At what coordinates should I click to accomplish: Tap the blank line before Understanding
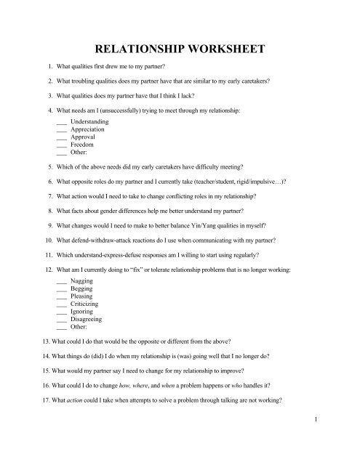click(x=61, y=121)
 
